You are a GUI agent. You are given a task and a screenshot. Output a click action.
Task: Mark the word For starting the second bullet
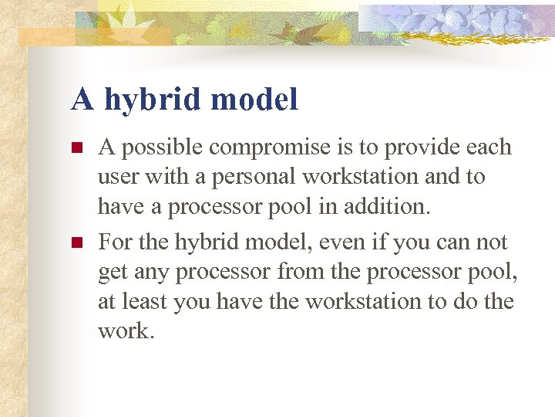click(114, 243)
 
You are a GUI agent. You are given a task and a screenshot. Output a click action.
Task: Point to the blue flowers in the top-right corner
click(462, 19)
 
